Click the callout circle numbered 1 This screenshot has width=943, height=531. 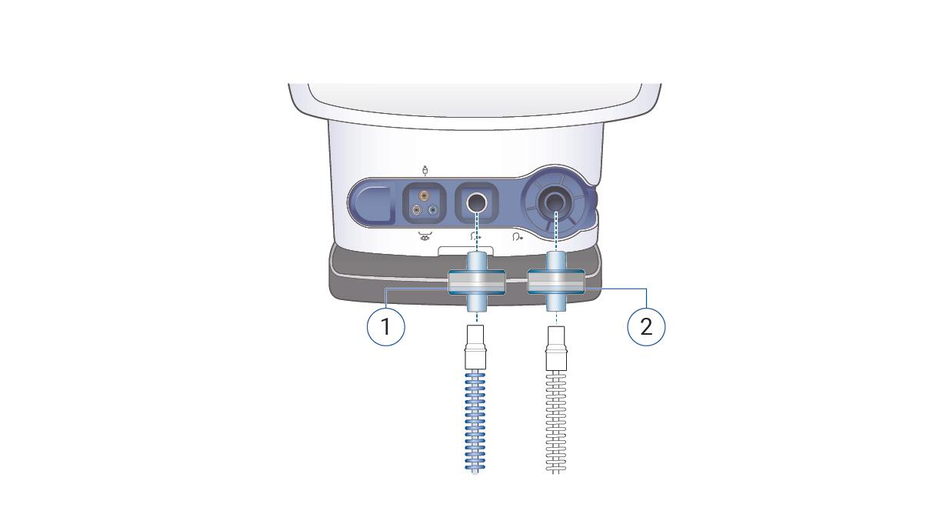coord(385,326)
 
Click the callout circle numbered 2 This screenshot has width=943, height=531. coord(646,326)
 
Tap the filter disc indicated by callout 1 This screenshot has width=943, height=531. coord(477,282)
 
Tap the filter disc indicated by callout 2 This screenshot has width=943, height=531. coord(555,282)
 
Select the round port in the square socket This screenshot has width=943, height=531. coord(477,203)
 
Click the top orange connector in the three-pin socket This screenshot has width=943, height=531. coord(425,197)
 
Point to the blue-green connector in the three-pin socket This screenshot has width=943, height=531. coord(432,210)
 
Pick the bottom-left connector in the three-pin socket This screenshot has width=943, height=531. coord(417,210)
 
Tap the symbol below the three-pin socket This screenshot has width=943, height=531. coord(424,236)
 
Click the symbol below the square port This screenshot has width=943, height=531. coord(475,237)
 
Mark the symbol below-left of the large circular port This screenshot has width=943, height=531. coord(519,237)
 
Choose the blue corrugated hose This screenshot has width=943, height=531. coord(477,423)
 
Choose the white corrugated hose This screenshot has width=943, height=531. coord(555,423)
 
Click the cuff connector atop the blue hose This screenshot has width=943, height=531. coord(477,356)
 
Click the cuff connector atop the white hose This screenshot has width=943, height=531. coord(555,356)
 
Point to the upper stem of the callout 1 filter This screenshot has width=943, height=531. coord(477,259)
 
